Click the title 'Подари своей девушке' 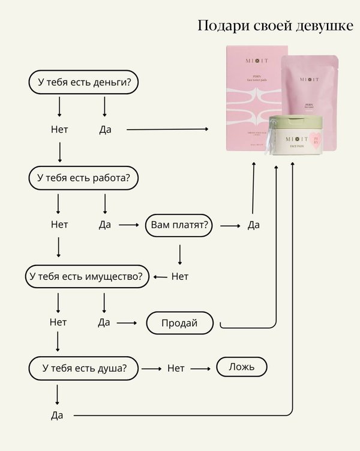(275, 26)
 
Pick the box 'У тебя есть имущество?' (86, 276)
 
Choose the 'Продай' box (179, 323)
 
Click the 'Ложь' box (241, 367)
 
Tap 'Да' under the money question (105, 129)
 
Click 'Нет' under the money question (59, 129)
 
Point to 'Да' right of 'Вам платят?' (253, 225)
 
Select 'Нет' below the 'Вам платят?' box (180, 277)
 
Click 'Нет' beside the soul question (176, 368)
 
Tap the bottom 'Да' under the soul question (57, 415)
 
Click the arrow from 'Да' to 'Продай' (127, 323)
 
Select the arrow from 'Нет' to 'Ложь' (200, 368)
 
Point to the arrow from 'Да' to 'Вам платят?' (128, 225)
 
